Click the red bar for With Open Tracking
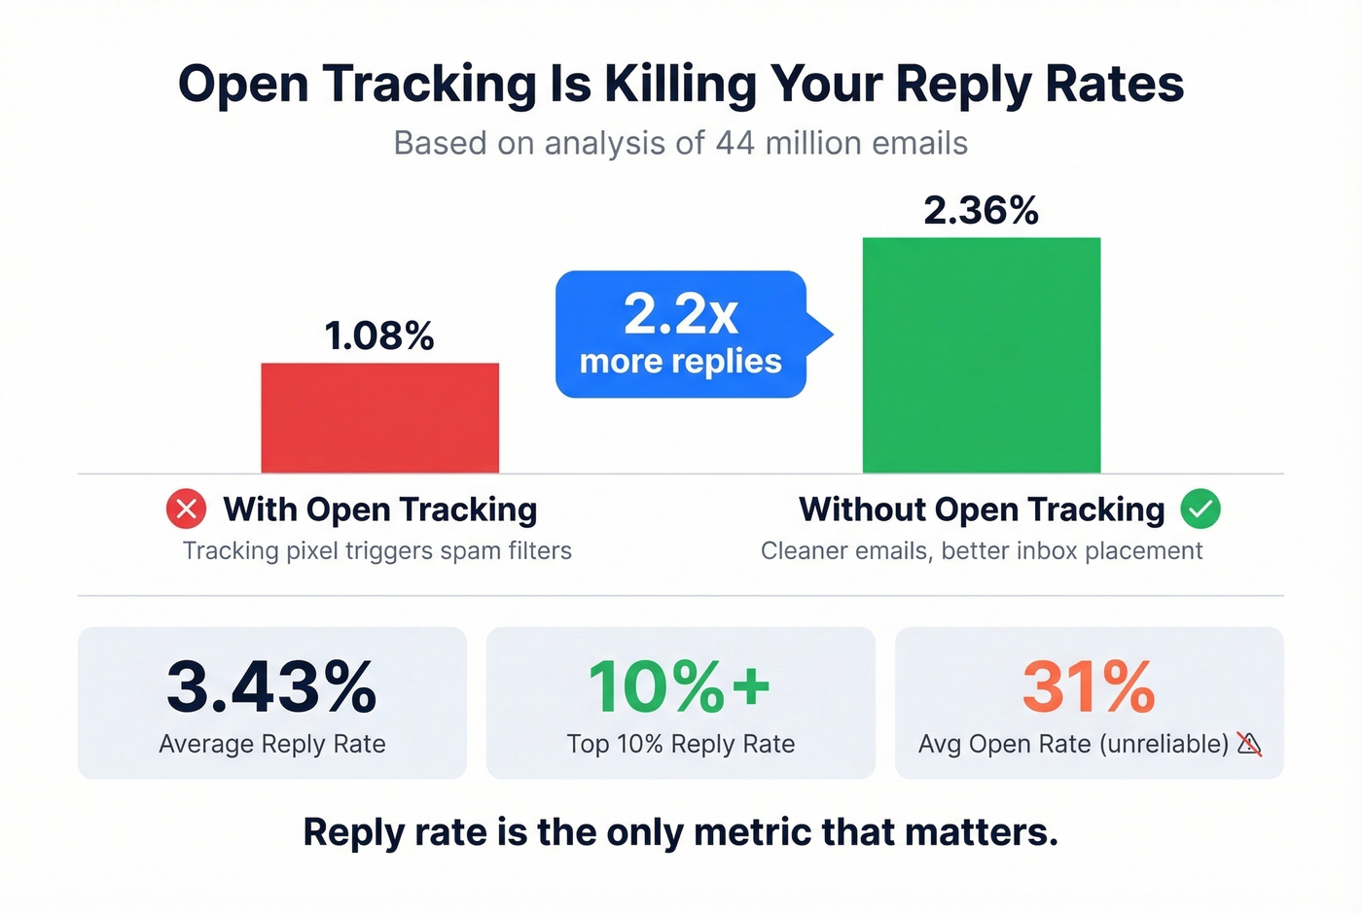click(379, 418)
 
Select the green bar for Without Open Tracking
click(981, 356)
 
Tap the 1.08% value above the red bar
click(379, 336)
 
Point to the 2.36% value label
click(981, 211)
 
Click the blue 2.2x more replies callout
click(681, 334)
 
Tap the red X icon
click(186, 509)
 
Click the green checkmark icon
click(1201, 509)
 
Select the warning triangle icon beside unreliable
click(1249, 744)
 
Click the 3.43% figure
click(271, 687)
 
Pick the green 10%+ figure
click(680, 687)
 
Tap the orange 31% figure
click(1089, 687)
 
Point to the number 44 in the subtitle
click(735, 143)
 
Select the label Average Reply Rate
click(272, 744)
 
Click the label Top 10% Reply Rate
click(681, 744)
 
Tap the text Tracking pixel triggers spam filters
click(377, 551)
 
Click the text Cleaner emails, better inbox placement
click(982, 551)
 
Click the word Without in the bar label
click(862, 509)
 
